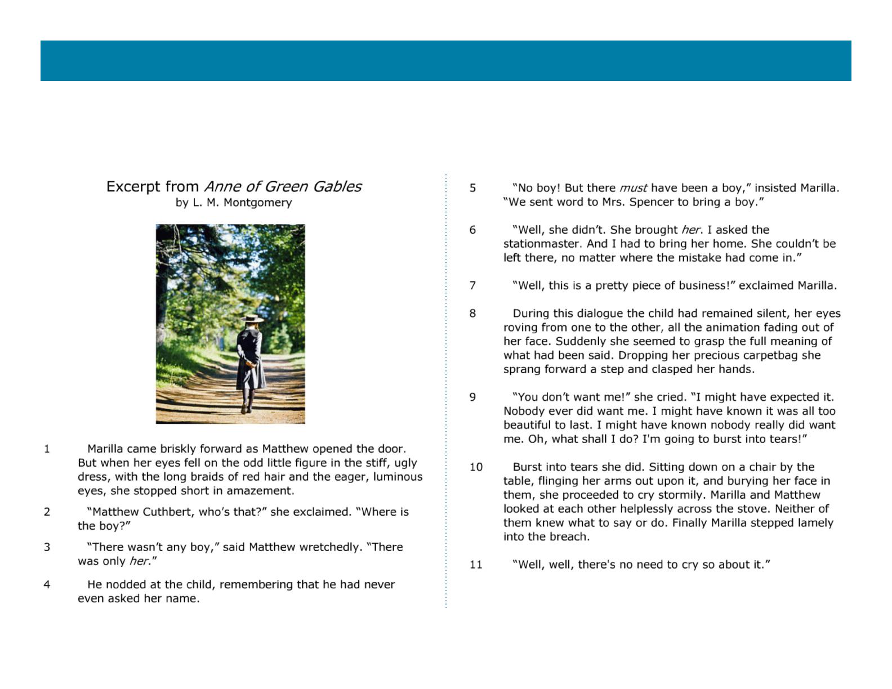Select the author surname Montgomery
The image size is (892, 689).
[x=258, y=203]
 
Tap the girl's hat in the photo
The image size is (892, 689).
[x=252, y=319]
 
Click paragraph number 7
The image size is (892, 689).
[x=472, y=285]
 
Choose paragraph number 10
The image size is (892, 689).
[x=476, y=467]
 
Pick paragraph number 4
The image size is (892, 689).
[x=47, y=584]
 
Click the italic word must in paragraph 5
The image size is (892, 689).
[x=633, y=188]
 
